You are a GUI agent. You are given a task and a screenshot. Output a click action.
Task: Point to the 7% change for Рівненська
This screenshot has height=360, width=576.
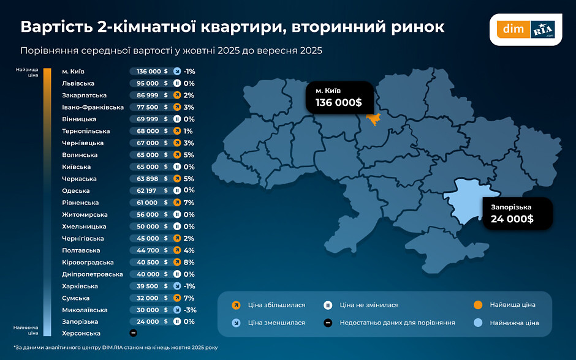pos(189,203)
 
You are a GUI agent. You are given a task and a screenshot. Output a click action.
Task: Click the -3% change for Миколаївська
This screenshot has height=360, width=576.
pos(190,310)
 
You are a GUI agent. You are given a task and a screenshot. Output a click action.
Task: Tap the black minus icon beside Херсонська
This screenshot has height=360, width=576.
pos(134,334)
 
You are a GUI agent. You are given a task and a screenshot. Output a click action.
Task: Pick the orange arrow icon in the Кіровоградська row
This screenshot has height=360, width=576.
pos(176,262)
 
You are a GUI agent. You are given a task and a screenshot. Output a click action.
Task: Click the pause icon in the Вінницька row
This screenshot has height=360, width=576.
pos(176,119)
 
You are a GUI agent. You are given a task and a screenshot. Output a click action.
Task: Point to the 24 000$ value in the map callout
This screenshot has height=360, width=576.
pos(512,219)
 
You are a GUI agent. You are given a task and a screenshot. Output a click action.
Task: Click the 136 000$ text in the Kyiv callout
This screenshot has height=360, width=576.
pos(338,102)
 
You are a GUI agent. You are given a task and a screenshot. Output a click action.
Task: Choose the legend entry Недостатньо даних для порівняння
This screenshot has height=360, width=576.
pos(397,323)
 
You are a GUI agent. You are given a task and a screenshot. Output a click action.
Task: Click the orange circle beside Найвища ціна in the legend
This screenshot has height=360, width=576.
pos(479,305)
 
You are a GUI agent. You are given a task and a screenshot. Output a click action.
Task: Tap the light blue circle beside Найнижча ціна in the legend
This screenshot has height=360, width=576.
pos(479,323)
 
